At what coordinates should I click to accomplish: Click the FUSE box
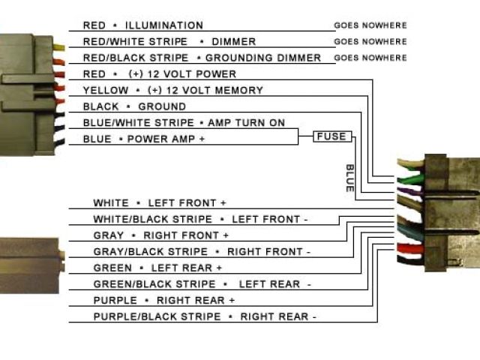(331, 136)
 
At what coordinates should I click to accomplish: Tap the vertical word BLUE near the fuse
(349, 178)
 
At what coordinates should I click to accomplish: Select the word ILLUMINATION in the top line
(164, 25)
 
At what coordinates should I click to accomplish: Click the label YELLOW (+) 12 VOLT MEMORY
(172, 91)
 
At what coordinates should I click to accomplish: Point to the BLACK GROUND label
(134, 106)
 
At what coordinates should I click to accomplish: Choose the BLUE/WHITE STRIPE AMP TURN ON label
(184, 123)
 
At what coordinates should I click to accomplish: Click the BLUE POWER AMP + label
(143, 139)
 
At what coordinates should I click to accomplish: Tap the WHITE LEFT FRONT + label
(159, 203)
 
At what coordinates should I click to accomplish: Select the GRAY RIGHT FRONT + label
(160, 235)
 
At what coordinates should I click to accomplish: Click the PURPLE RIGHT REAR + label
(163, 300)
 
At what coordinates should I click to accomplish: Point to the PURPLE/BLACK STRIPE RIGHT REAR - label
(205, 316)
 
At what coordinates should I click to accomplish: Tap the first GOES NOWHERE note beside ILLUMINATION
(370, 25)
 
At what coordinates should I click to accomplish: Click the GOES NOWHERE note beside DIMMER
(370, 42)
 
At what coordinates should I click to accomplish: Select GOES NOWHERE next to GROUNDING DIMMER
(370, 58)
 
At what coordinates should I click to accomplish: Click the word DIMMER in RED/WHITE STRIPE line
(233, 42)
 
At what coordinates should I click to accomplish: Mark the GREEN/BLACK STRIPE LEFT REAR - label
(202, 284)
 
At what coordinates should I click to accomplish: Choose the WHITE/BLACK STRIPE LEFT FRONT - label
(200, 219)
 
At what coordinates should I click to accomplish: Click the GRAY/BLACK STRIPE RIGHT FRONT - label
(201, 252)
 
